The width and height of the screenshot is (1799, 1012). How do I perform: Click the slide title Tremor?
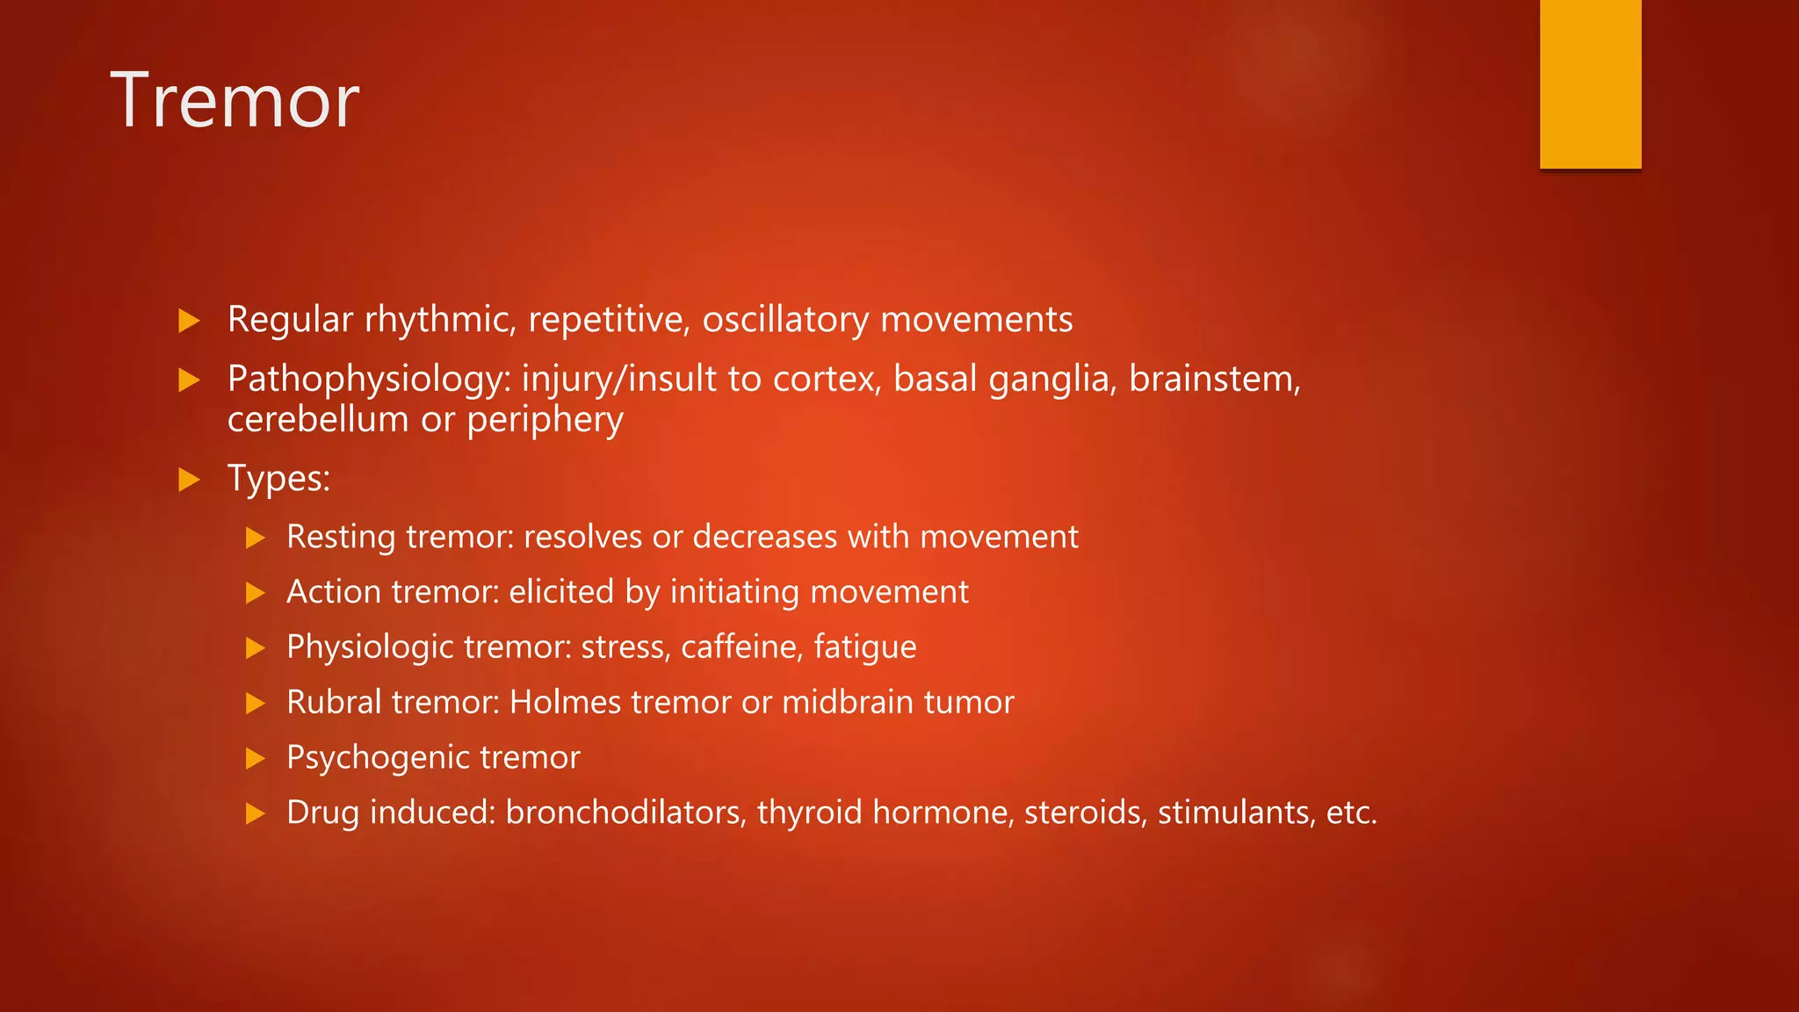coord(235,101)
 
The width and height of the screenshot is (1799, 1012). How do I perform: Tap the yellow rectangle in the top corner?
coord(1590,83)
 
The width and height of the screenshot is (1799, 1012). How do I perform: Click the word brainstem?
coord(1213,379)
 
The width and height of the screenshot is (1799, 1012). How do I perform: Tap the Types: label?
coord(278,479)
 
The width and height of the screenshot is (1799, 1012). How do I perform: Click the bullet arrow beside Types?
coord(189,480)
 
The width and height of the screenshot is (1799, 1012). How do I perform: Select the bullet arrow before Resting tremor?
coord(255,538)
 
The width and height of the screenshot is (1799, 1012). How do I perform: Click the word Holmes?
coord(565,703)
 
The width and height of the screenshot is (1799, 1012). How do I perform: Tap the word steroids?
coord(1085,813)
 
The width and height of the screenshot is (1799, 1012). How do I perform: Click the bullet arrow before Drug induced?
coord(255,813)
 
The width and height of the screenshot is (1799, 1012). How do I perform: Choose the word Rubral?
coord(333,703)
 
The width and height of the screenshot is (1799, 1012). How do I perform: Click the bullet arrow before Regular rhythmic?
coord(189,321)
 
